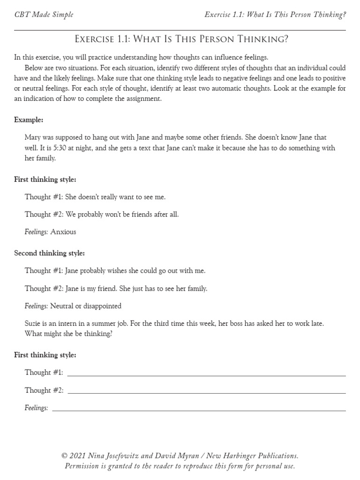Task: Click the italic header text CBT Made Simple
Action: pos(44,15)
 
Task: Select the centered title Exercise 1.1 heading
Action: pos(181,39)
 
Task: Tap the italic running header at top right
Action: pos(275,15)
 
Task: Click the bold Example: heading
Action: pos(29,120)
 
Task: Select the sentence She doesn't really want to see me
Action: pos(116,197)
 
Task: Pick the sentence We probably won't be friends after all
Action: pos(122,214)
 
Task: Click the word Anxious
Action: pos(63,232)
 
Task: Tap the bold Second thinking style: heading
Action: pos(49,253)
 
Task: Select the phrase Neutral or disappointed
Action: pos(86,306)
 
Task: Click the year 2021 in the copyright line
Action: pos(78,456)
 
